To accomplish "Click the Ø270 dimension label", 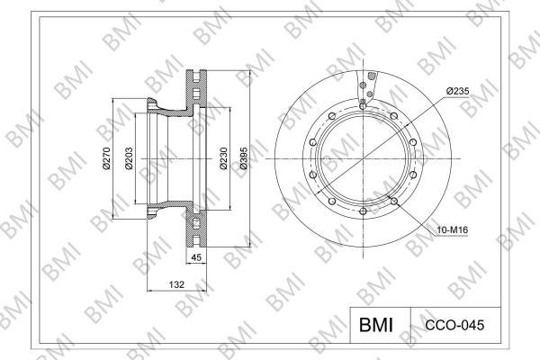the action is (106, 158).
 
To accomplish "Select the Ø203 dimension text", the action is (129, 158).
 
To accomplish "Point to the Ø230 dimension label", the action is (223, 158).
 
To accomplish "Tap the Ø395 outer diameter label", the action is (244, 158).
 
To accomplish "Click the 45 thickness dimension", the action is (196, 257).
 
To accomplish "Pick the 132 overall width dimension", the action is (176, 284).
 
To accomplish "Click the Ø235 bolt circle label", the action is (458, 91).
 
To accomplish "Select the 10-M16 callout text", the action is (453, 229).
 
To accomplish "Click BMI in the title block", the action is (376, 325).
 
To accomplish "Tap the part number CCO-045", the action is (454, 325).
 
